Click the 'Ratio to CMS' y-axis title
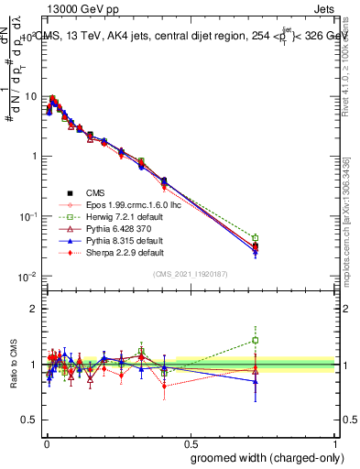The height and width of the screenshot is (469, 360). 13,365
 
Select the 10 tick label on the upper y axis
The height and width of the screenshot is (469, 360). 28,96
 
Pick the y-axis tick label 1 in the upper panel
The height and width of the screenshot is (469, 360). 33,156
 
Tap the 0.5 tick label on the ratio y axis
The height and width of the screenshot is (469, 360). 29,420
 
